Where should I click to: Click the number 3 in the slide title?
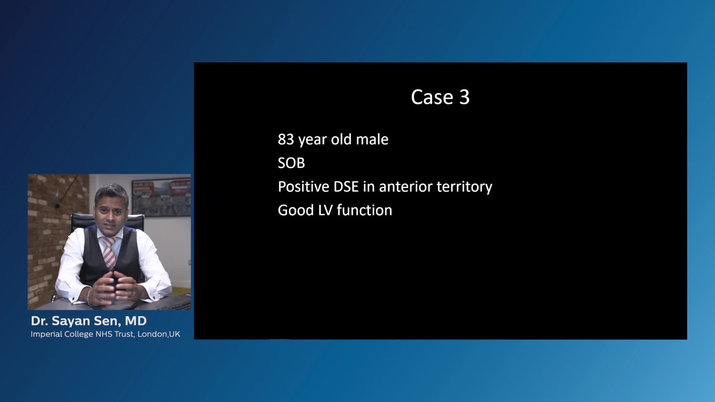point(464,97)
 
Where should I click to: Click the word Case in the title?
point(432,97)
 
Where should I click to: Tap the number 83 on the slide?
point(286,139)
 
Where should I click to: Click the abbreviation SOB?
point(291,163)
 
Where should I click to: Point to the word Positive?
point(304,186)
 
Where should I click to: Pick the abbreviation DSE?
point(346,186)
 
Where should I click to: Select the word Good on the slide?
point(296,210)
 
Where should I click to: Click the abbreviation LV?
point(325,210)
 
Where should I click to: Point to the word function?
point(364,210)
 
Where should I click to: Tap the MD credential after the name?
point(136,321)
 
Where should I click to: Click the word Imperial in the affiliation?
point(46,334)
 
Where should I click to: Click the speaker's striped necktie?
point(109,252)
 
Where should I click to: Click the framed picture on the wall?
point(161,198)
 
